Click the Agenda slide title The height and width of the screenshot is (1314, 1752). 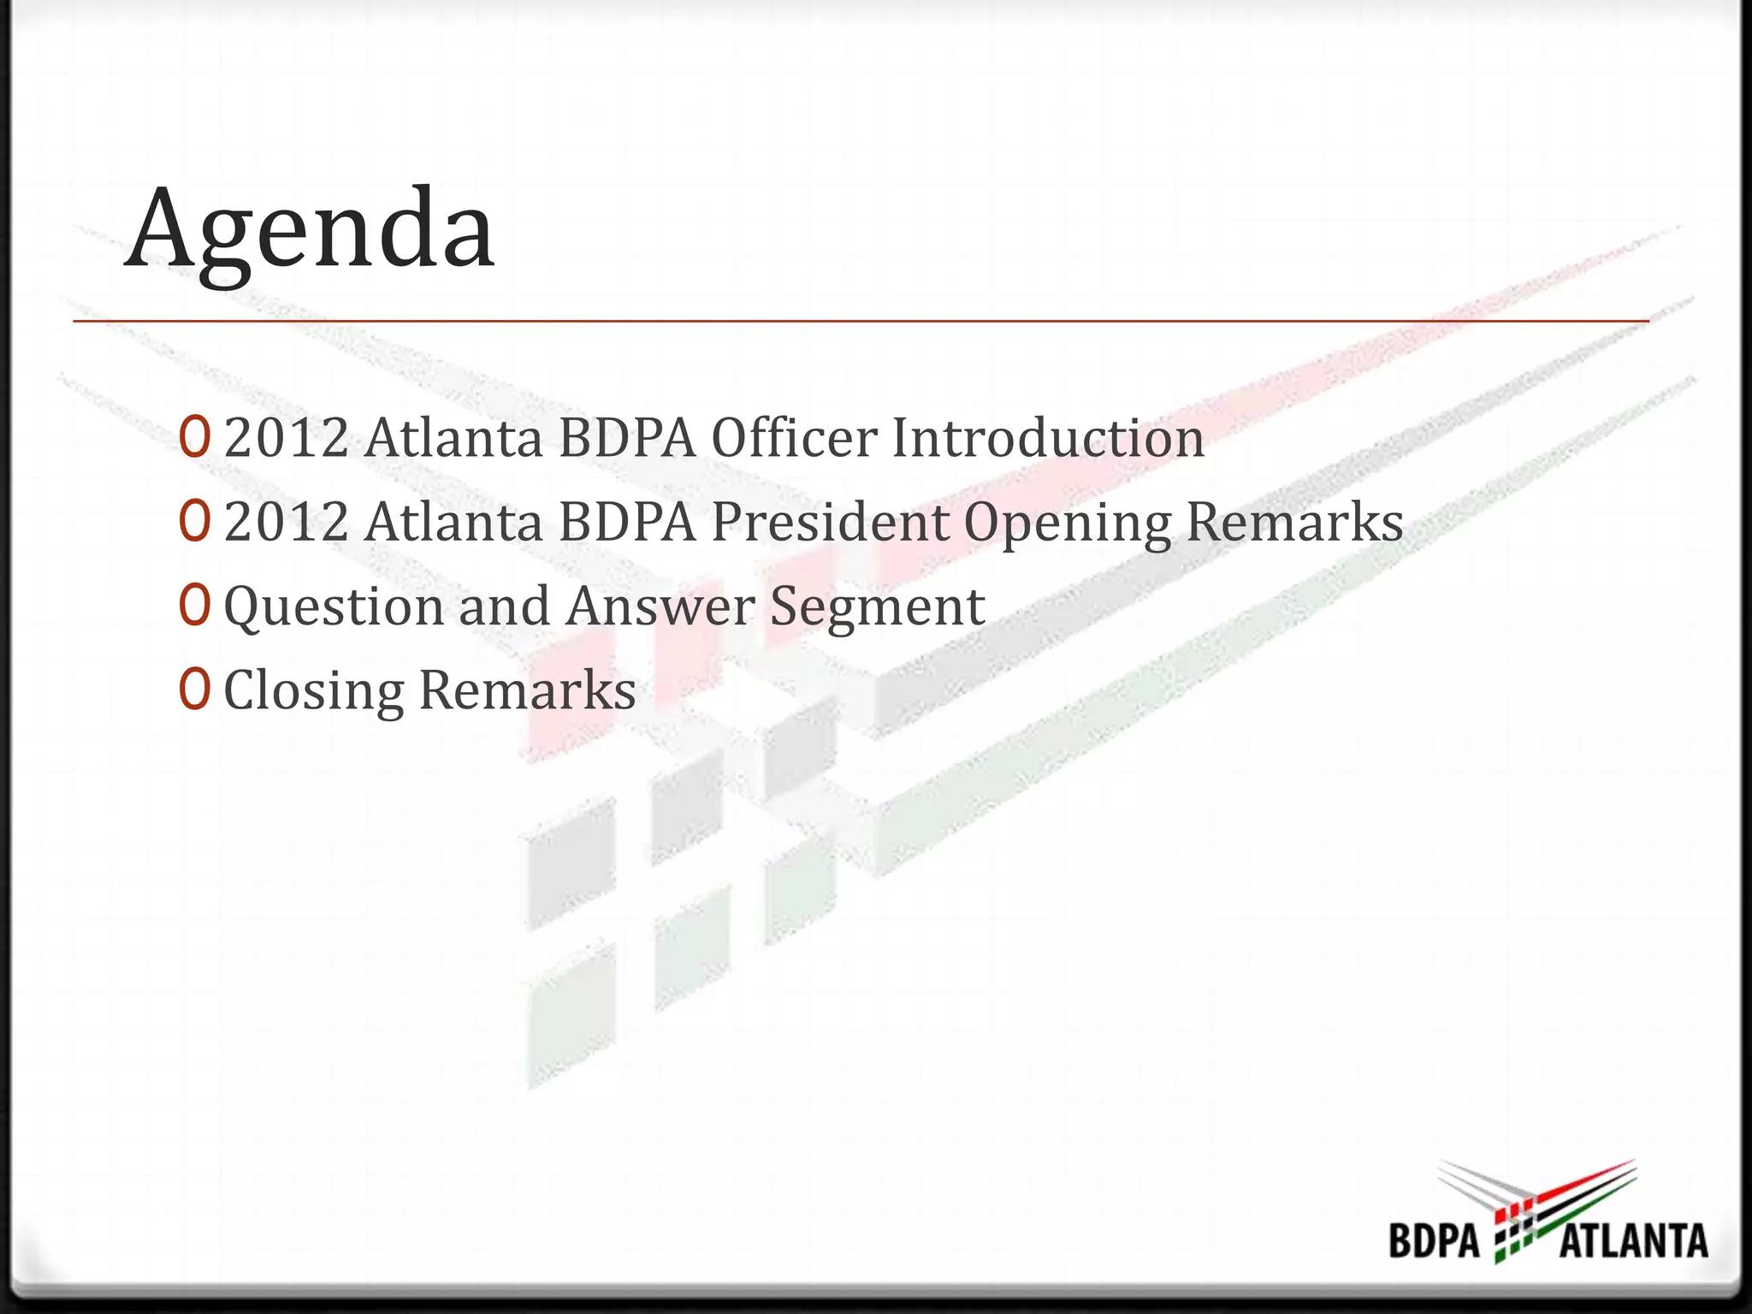(x=310, y=229)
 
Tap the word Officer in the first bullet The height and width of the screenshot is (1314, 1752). (x=795, y=438)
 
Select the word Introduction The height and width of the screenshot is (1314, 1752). (x=1048, y=438)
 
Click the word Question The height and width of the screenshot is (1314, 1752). (x=334, y=607)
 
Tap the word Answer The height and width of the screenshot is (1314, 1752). (x=660, y=606)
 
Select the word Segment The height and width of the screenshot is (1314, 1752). (x=878, y=607)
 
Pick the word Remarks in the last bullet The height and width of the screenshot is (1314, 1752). (x=527, y=690)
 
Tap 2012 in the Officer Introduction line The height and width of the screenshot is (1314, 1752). (x=287, y=438)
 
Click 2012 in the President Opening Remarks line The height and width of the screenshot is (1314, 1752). (x=287, y=522)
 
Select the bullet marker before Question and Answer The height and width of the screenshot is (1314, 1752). (x=194, y=605)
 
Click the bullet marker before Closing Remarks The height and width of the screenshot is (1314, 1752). (x=194, y=689)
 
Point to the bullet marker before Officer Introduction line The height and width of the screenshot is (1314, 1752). (x=194, y=437)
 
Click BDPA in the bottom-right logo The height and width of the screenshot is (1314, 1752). (x=1435, y=1240)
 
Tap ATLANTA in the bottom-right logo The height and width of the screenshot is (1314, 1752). (x=1633, y=1240)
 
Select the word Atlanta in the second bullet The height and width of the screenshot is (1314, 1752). (x=454, y=522)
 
